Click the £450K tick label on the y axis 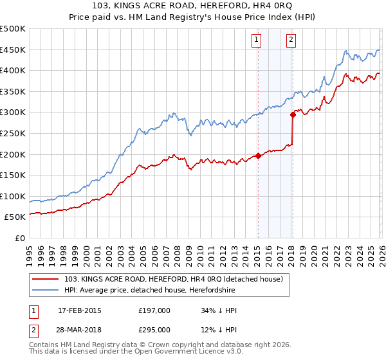(13, 50)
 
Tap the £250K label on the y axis (13, 133)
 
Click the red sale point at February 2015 (258, 156)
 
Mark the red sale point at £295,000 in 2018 (293, 114)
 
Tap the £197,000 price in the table (154, 310)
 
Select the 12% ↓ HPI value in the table (219, 330)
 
